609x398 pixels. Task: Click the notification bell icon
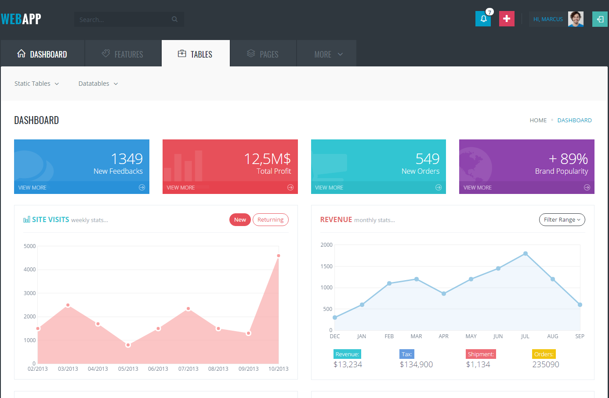coord(483,19)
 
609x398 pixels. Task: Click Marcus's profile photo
coord(576,19)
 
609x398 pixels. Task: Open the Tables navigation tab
coord(196,54)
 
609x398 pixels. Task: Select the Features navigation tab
coord(123,54)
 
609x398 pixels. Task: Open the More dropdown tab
coord(328,54)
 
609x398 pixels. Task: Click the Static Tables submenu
coord(36,84)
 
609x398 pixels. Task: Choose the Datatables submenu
coord(98,84)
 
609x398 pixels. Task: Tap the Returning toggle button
coord(270,220)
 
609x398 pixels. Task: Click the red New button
coord(240,220)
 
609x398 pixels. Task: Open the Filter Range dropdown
coord(562,220)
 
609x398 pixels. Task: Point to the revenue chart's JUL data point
coord(526,254)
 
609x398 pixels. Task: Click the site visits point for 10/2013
coord(279,256)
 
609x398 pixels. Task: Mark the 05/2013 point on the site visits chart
coord(128,345)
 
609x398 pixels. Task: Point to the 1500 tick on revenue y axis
coord(326,267)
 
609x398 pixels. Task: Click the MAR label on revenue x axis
coord(416,336)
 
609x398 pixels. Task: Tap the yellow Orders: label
coord(544,354)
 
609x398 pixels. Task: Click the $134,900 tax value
coord(416,365)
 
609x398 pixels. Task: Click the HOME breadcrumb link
coord(538,120)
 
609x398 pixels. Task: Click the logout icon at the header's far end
coord(600,19)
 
